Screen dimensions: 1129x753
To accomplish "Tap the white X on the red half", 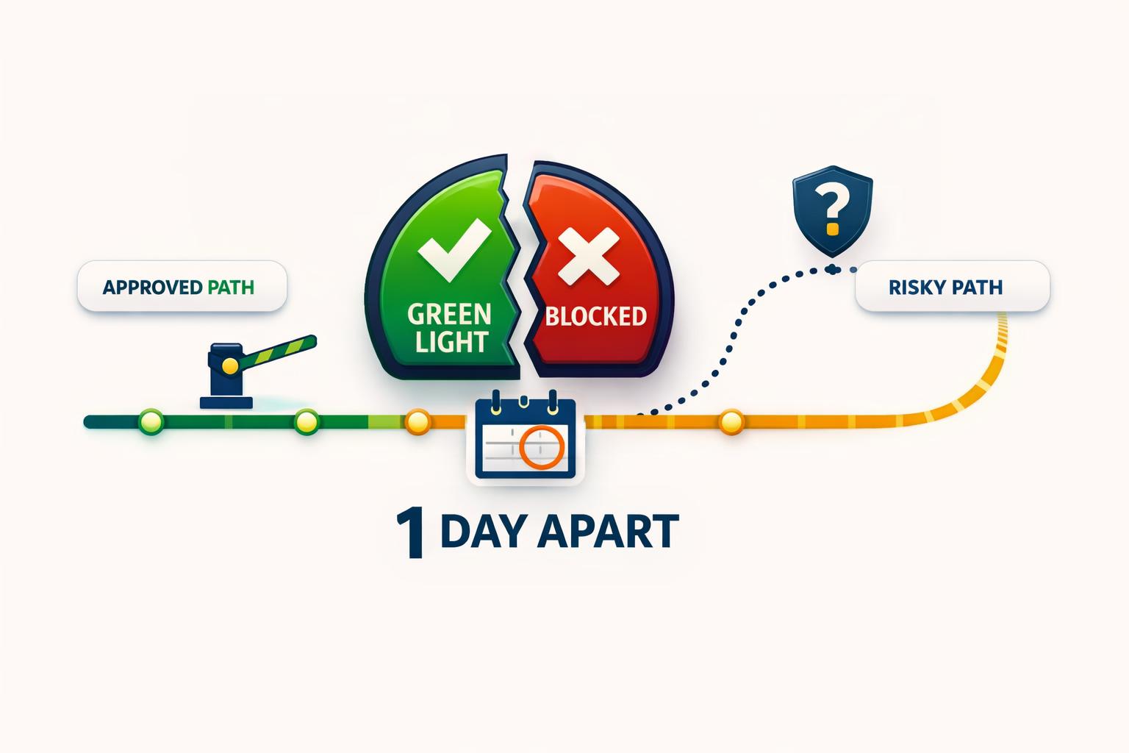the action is (589, 256).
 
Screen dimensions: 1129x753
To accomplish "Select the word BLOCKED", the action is (596, 316).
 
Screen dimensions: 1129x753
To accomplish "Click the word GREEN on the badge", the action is (449, 314).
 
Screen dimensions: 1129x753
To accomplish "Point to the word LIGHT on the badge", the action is (451, 341).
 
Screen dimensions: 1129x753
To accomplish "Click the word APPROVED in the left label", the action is (152, 288).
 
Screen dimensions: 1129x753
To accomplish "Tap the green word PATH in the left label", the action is (231, 288).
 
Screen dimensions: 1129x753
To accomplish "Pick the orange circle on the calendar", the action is (541, 447).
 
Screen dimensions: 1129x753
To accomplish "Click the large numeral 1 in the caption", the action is (411, 534).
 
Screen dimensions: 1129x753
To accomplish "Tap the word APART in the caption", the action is (609, 531).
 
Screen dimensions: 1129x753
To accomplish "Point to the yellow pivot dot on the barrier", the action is (230, 365).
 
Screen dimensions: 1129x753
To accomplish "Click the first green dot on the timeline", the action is (151, 421).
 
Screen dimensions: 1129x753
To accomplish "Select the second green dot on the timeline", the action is (307, 421).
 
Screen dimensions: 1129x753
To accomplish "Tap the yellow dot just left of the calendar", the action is (417, 421).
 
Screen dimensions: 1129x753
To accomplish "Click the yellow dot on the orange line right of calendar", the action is (731, 421).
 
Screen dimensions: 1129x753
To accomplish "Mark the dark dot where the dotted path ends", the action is (833, 269).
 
